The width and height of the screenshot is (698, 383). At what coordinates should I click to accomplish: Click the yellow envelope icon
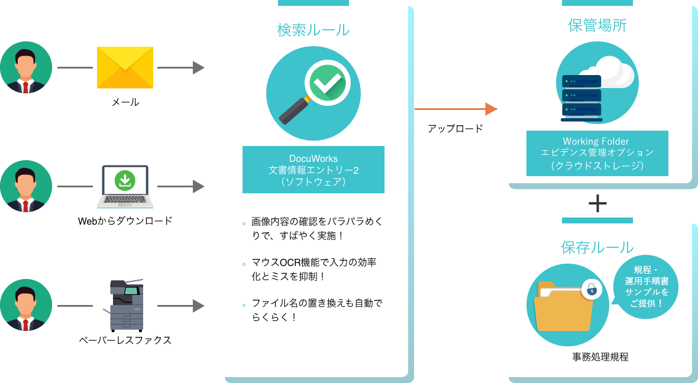pyautogui.click(x=125, y=67)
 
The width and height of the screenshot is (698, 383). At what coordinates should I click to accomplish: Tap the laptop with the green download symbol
pyautogui.click(x=125, y=186)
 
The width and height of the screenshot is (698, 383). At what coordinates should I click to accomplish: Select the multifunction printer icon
pyautogui.click(x=127, y=305)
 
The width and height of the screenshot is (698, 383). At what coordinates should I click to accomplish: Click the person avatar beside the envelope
pyautogui.click(x=25, y=67)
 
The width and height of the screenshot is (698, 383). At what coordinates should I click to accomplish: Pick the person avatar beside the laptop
pyautogui.click(x=25, y=186)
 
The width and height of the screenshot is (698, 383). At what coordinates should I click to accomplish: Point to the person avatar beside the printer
pyautogui.click(x=25, y=305)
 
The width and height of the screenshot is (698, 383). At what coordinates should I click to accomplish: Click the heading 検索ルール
pyautogui.click(x=313, y=30)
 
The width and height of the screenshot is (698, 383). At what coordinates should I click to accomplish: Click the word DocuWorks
pyautogui.click(x=313, y=158)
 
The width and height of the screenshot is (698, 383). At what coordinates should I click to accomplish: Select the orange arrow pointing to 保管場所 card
pyautogui.click(x=455, y=109)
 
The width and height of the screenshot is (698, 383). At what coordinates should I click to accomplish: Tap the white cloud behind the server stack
pyautogui.click(x=615, y=71)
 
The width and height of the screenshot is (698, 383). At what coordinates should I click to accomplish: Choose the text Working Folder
pyautogui.click(x=597, y=142)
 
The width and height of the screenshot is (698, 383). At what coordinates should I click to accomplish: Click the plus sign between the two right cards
pyautogui.click(x=597, y=203)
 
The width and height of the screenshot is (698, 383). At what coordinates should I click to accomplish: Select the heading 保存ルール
pyautogui.click(x=597, y=247)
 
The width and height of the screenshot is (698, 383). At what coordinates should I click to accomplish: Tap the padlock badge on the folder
pyautogui.click(x=591, y=290)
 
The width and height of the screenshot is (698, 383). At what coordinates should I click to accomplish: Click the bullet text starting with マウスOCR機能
pyautogui.click(x=305, y=269)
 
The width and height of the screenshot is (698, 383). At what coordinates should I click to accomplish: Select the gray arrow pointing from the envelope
pyautogui.click(x=180, y=67)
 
